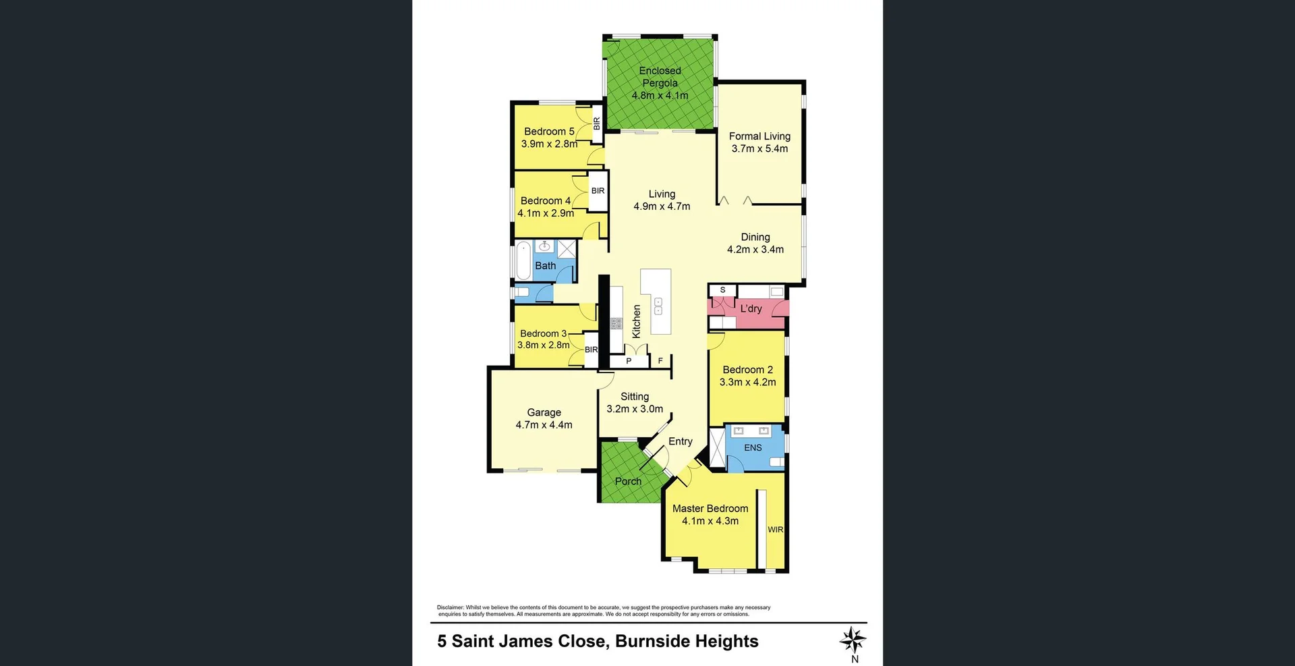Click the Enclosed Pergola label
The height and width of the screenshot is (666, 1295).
660,77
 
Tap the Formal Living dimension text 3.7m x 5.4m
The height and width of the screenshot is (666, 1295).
759,149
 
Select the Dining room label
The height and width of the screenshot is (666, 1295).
755,237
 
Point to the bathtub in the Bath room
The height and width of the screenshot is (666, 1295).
523,261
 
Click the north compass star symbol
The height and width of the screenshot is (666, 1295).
853,639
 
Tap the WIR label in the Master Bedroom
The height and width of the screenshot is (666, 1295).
776,530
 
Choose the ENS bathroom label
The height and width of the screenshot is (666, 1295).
753,447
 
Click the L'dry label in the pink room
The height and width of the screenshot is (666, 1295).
751,309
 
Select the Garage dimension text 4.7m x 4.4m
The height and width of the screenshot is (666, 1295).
544,425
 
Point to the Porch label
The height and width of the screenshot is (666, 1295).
628,481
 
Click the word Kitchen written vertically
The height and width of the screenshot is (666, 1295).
636,321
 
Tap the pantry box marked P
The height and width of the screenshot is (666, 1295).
629,361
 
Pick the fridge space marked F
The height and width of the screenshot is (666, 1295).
660,361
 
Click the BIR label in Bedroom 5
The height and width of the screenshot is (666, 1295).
596,124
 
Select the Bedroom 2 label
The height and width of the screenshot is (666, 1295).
747,370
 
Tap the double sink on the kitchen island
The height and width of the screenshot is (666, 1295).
658,306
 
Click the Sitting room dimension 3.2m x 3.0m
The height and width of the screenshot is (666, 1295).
635,409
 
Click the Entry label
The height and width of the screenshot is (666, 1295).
680,441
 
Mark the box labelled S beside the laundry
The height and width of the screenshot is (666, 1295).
722,290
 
